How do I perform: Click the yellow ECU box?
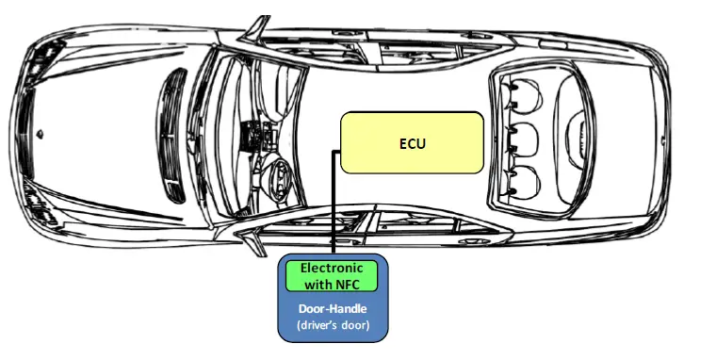click(x=412, y=142)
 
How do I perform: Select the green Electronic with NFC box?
click(x=331, y=274)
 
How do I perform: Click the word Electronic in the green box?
click(x=331, y=268)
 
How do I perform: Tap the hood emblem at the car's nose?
click(x=39, y=134)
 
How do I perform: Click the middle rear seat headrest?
click(x=519, y=136)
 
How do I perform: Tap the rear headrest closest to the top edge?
click(x=519, y=91)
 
